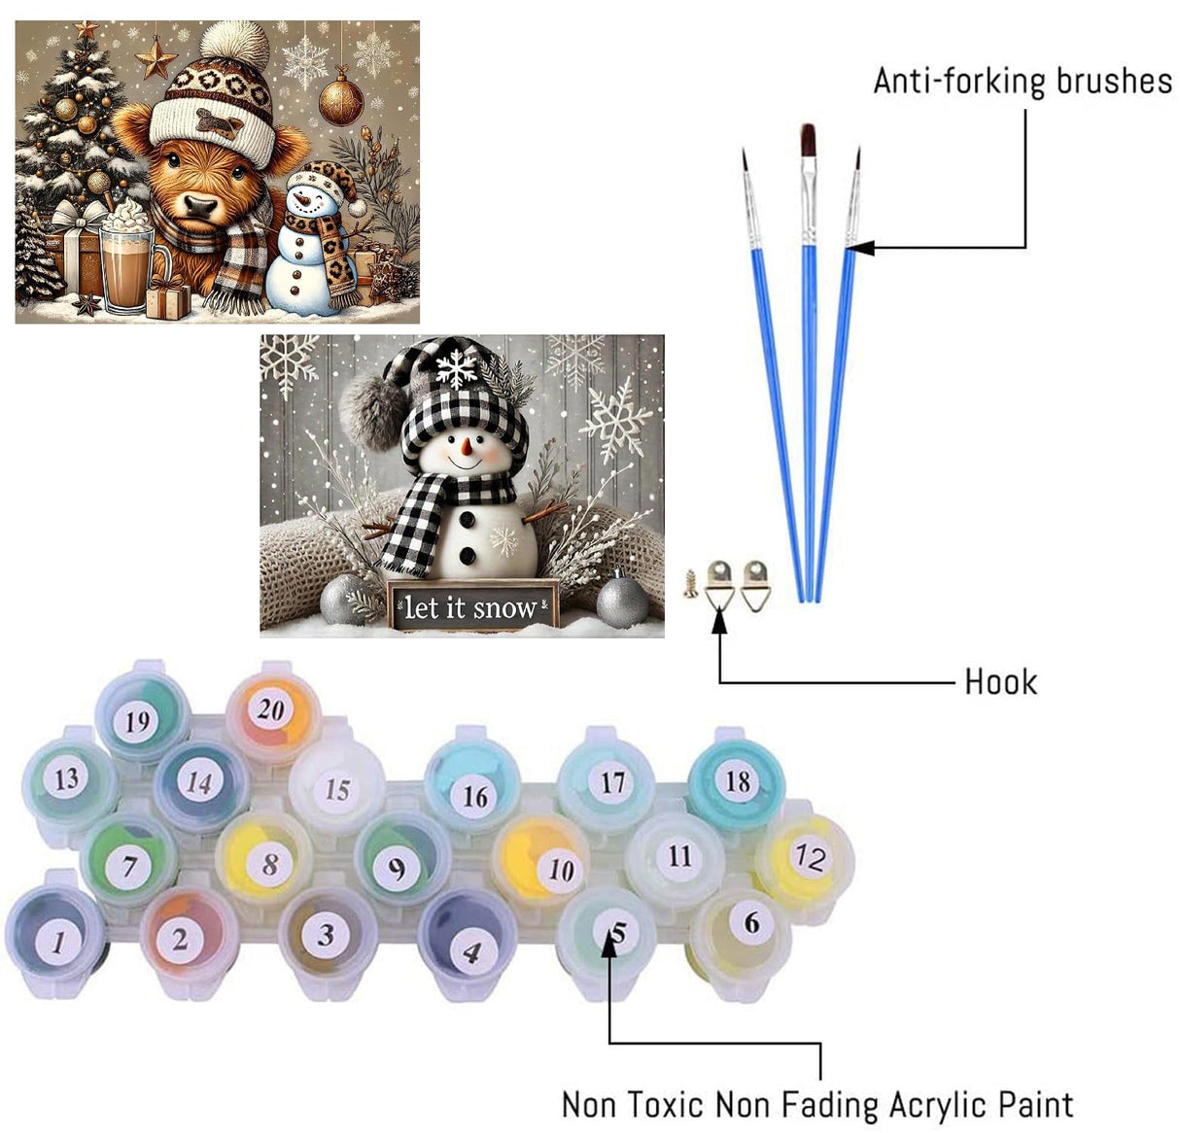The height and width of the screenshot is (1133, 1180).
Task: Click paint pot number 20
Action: click(x=271, y=710)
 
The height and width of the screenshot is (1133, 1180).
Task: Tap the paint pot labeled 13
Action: click(x=67, y=779)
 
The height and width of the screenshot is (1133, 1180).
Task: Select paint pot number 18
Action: click(x=738, y=781)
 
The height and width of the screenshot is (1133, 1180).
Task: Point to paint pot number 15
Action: click(x=336, y=788)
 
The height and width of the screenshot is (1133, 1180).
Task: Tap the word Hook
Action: click(x=1000, y=682)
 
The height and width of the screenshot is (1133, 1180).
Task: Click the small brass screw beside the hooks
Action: click(x=690, y=584)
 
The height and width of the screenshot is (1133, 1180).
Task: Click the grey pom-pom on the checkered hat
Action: click(x=373, y=413)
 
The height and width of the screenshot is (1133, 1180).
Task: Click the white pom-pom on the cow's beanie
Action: click(x=234, y=42)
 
